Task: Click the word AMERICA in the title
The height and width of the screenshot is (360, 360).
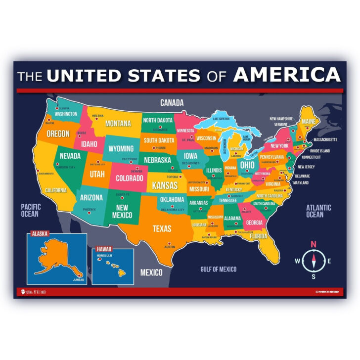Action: (287, 75)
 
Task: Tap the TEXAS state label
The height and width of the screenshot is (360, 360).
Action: (162, 228)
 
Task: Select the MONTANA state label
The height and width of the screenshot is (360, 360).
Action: (118, 123)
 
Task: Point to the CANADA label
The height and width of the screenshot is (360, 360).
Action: (172, 103)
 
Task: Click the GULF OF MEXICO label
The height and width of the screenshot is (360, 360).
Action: (218, 270)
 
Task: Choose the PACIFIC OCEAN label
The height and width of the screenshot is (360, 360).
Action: (30, 210)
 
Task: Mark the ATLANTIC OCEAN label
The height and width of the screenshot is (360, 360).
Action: (315, 211)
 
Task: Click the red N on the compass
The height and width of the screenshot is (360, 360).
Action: (313, 244)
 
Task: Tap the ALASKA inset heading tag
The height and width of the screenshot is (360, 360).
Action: (38, 234)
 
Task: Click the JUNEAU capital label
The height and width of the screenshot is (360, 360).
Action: (79, 280)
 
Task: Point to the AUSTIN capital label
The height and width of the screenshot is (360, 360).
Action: (170, 247)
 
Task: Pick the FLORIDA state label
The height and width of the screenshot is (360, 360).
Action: (258, 236)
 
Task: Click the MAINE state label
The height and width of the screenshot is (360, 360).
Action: (308, 122)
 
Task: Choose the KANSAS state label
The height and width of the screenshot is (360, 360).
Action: (165, 186)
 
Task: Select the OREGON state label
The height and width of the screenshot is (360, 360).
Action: (57, 134)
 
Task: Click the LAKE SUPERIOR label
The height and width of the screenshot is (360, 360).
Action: (222, 119)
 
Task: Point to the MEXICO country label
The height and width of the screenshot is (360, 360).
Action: (151, 272)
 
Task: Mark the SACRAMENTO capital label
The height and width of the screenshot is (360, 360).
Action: (45, 174)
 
